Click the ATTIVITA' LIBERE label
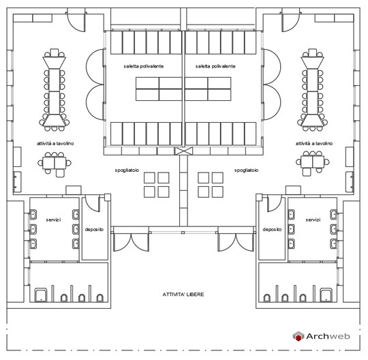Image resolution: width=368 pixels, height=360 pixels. [183, 295]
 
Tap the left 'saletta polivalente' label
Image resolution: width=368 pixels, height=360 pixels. [144, 66]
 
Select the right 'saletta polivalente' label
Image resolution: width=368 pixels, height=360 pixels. [215, 66]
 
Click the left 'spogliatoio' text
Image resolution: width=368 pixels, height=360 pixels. [127, 170]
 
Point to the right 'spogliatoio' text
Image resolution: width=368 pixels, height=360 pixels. [247, 170]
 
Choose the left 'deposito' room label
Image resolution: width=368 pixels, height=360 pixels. [94, 230]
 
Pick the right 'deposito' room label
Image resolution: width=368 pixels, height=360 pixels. [272, 230]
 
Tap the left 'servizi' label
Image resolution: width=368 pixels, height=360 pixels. [53, 220]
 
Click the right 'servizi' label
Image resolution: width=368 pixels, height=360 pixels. [313, 220]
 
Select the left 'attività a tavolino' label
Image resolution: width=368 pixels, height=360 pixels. [55, 143]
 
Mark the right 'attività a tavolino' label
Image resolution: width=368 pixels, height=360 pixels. [314, 143]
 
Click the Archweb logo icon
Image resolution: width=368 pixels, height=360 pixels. [298, 336]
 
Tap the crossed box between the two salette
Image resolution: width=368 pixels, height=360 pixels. [183, 151]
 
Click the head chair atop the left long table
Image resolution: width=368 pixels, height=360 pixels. [55, 52]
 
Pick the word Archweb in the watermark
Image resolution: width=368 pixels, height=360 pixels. [328, 336]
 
